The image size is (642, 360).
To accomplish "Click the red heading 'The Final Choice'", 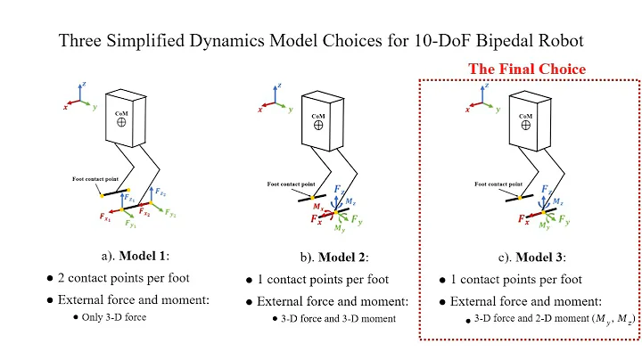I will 527,69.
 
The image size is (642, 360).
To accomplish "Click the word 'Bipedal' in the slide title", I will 486,40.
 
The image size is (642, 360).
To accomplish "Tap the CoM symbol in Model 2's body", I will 317,127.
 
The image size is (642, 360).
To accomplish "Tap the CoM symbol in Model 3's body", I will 526,127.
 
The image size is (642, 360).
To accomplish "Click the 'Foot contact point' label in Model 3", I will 497,184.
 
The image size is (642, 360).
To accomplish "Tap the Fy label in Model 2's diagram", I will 356,219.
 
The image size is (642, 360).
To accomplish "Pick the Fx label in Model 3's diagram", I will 520,217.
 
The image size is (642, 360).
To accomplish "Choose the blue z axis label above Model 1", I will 83,84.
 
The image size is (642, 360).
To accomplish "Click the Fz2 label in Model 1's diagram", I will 160,192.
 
